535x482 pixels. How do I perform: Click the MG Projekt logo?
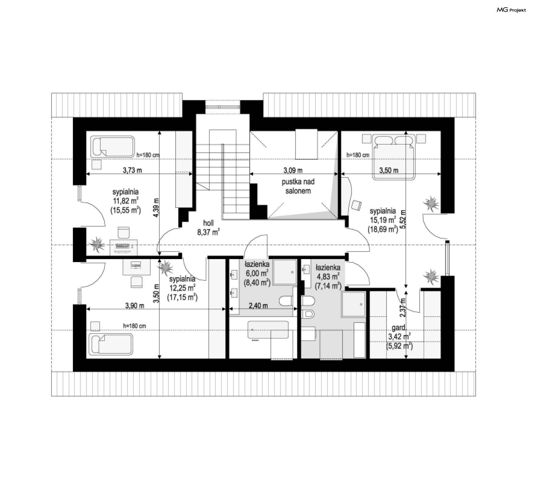[x=511, y=10]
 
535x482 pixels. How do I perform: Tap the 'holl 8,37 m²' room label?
[x=208, y=227]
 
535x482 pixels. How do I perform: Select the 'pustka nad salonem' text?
[x=298, y=186]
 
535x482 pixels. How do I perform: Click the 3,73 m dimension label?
[x=132, y=170]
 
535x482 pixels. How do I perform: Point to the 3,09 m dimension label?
[x=293, y=170]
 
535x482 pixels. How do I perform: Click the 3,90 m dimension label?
[x=135, y=306]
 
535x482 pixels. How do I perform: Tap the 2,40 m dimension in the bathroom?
[x=258, y=306]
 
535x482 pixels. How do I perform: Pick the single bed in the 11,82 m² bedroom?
[x=113, y=146]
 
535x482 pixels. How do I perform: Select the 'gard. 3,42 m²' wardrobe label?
[x=399, y=337]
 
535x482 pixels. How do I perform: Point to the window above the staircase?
[x=222, y=106]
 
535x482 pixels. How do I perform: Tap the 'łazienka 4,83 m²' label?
[x=328, y=276]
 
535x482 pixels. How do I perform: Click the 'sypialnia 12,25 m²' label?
[x=182, y=288]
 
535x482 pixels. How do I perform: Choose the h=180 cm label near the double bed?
[x=358, y=155]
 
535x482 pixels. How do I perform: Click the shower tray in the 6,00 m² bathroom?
[x=284, y=272]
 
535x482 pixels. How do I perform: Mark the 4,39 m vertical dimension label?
[x=156, y=207]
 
